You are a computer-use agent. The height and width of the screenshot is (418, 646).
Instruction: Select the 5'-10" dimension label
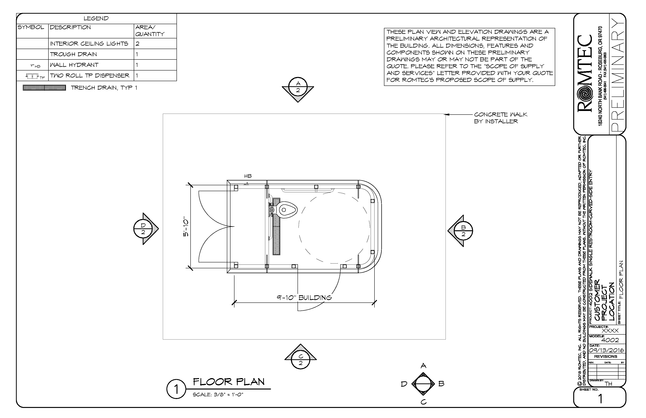coord(186,227)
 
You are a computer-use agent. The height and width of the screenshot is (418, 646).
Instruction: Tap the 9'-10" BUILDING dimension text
coord(304,298)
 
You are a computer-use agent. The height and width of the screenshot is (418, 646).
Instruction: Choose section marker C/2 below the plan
coord(300,360)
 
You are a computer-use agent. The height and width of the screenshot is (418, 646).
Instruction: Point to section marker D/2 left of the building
coord(143,229)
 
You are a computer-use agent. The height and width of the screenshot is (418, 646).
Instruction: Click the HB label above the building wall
coord(248,176)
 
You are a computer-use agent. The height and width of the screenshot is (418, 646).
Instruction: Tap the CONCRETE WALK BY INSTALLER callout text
coord(500,118)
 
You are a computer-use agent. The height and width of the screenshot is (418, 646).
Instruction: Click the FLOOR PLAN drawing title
coord(229,382)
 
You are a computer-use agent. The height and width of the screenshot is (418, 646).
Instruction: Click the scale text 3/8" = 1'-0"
coord(218,395)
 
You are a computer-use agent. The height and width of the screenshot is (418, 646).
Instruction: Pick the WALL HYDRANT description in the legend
coord(74,65)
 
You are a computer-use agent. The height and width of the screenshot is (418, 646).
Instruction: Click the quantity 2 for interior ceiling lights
coord(138,44)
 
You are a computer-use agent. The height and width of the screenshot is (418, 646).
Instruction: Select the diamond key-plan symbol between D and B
coord(423,384)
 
